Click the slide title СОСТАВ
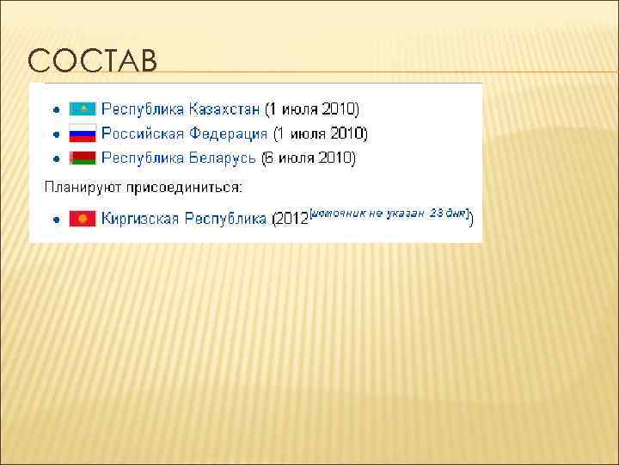coord(92,61)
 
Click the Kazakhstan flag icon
coord(83,109)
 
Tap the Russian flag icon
coord(83,133)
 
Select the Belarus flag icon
coord(83,158)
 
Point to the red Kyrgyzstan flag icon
coord(83,219)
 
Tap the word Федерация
coord(226,133)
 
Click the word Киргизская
coord(138,219)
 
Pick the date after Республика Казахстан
coord(311,109)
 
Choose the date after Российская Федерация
coord(320,133)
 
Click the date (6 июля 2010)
coord(308,158)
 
